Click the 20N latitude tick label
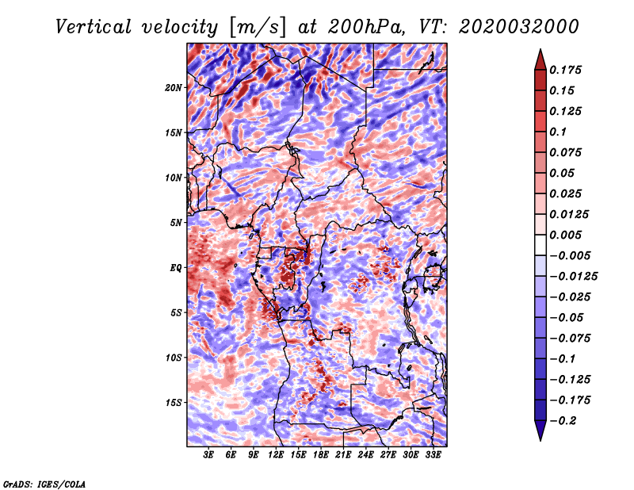tap(174, 87)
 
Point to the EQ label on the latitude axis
tap(176, 268)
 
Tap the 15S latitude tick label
tap(174, 403)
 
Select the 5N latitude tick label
tap(176, 223)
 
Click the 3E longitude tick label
tap(209, 455)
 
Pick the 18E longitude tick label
tap(321, 455)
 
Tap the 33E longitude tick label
tap(433, 455)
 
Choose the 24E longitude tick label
tap(365, 455)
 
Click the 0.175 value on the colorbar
tap(567, 70)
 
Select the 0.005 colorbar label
tap(567, 235)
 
